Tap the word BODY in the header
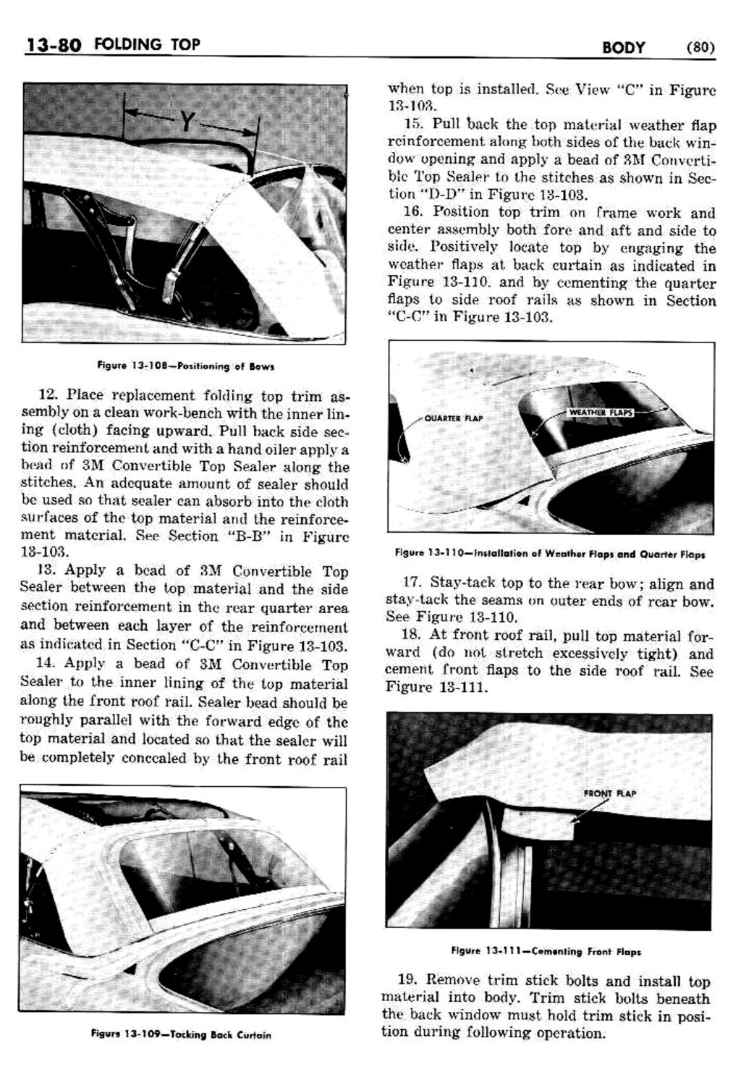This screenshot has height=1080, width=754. (x=623, y=48)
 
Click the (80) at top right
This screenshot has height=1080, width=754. (x=699, y=48)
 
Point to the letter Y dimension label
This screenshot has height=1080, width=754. (x=187, y=122)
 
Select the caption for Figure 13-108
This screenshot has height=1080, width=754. (x=185, y=366)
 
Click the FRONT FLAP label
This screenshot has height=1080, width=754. (x=609, y=793)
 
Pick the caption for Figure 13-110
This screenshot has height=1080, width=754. (x=550, y=554)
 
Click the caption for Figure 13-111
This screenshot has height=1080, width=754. (x=546, y=951)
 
